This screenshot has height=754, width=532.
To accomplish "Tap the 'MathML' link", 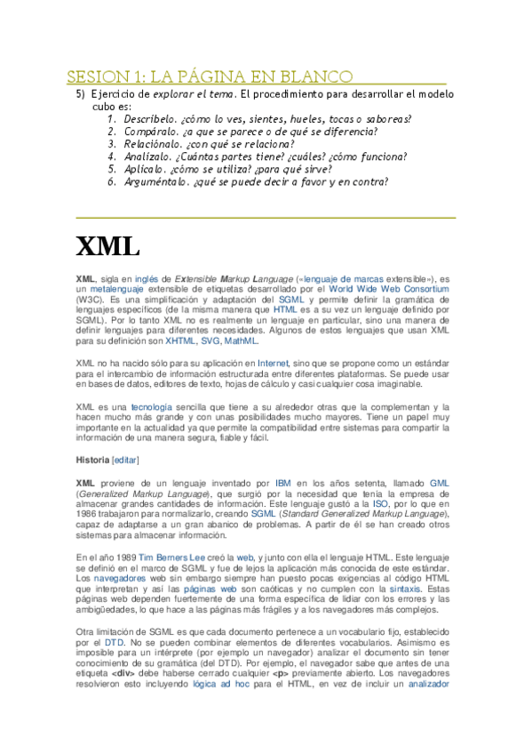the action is point(241,341).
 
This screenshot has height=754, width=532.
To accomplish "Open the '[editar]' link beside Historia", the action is point(125,460).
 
